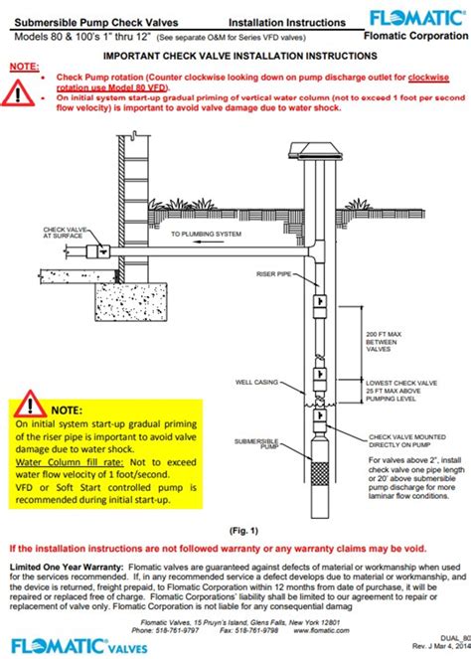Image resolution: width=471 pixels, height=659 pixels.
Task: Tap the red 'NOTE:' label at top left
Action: click(23, 66)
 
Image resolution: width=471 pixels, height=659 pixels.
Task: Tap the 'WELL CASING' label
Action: click(256, 378)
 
